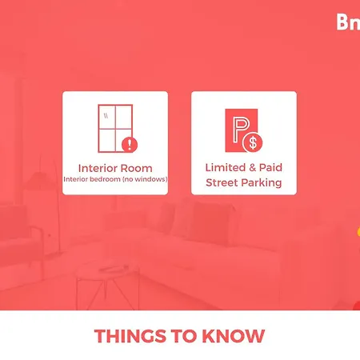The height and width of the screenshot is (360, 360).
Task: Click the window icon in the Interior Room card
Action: coord(114,128)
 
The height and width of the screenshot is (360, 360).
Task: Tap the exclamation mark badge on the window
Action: coord(131,145)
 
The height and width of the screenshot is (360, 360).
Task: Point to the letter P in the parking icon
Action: coord(239,126)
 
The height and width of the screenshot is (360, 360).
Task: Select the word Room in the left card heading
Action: coord(136,168)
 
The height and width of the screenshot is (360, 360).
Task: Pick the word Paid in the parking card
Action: coord(270,168)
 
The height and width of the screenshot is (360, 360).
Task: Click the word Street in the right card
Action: coord(225,182)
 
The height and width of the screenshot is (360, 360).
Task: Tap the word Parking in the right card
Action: coord(263,182)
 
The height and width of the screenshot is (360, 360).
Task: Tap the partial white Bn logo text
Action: coord(348,22)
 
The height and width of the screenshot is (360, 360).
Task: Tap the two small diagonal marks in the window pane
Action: coord(106,114)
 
